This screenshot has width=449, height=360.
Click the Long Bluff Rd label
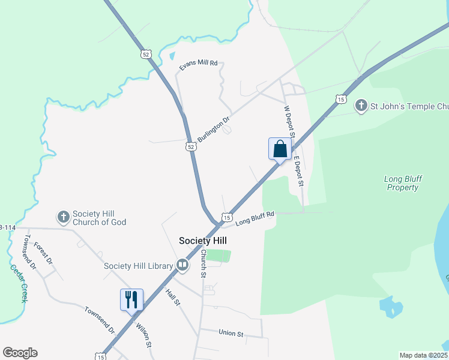[255, 218]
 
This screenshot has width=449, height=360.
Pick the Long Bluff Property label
[402, 183]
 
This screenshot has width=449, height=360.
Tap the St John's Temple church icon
[361, 107]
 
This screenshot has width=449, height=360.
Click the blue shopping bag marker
[280, 149]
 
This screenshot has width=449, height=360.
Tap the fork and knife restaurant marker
[132, 299]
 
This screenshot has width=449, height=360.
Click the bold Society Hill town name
[203, 241]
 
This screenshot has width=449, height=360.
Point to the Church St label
[203, 263]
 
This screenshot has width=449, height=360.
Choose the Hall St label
[173, 295]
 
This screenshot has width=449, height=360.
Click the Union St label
[231, 333]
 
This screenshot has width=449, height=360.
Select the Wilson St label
[143, 335]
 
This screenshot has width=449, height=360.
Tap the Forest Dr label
[43, 253]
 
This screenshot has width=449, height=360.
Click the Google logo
[20, 353]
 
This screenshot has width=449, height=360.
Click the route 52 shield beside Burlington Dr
[190, 146]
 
